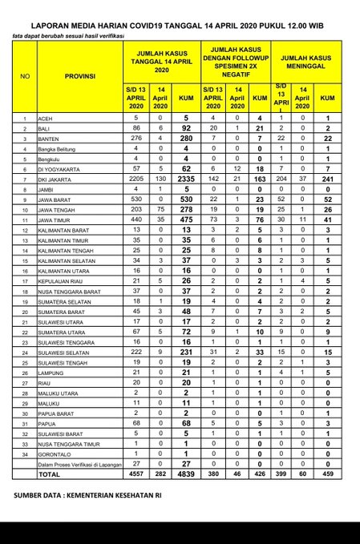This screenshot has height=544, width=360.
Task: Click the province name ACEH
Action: pyautogui.click(x=47, y=118)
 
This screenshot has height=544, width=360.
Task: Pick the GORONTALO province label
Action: pyautogui.click(x=57, y=453)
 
